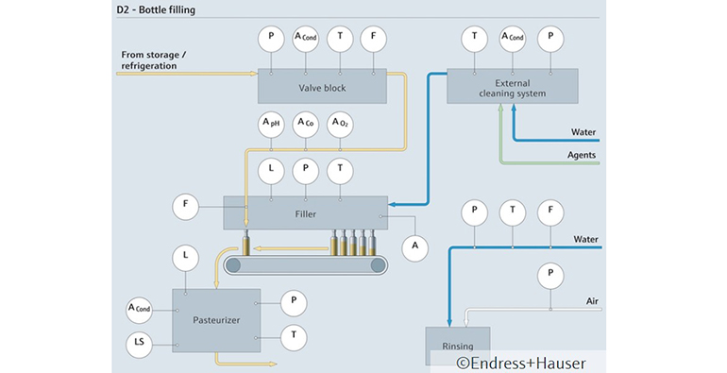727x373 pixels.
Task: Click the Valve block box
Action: tap(322, 87)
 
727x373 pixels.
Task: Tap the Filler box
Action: tap(305, 212)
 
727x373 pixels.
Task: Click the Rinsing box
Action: tap(458, 344)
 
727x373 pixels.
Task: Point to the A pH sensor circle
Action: tap(271, 124)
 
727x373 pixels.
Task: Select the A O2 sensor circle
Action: tap(340, 124)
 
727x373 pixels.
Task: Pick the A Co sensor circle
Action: tap(305, 124)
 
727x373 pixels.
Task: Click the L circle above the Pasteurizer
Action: tap(185, 256)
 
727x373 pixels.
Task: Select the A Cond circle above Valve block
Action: tap(305, 37)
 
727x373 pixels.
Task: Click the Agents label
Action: tap(582, 155)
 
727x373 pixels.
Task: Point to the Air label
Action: tap(590, 301)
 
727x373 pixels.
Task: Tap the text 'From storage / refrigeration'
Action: tap(155, 59)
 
